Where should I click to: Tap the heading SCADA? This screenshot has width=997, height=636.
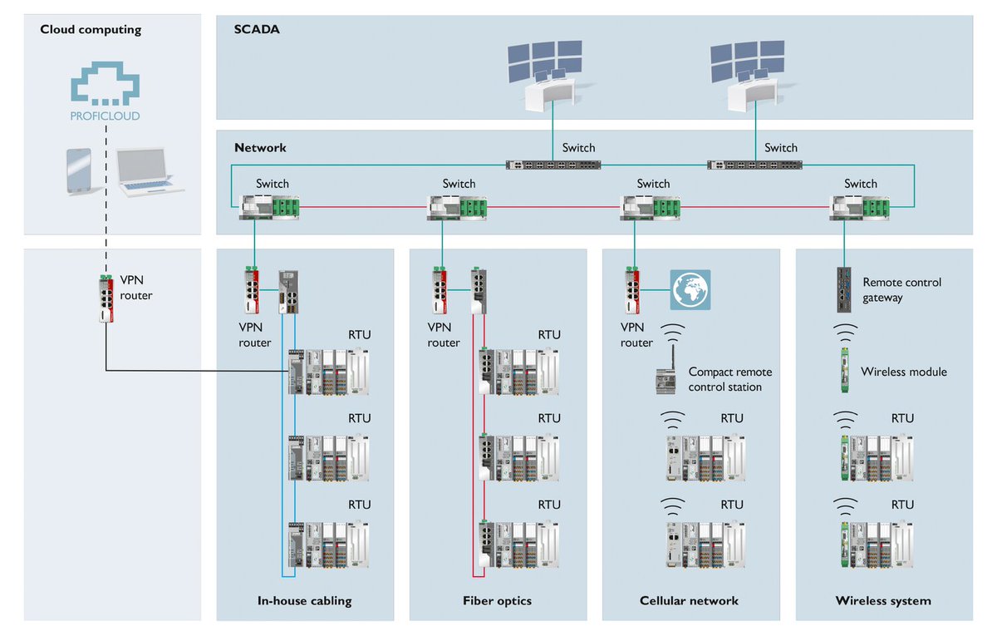coord(257,29)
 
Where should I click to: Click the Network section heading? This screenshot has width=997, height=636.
coord(260,148)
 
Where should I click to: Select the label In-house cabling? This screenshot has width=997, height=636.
coord(304,600)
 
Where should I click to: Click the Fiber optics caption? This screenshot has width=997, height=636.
coord(497,600)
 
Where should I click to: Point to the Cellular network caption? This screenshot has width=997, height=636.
coord(689,600)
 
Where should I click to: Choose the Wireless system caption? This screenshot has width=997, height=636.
coord(883,600)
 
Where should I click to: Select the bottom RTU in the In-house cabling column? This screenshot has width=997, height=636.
coord(329,544)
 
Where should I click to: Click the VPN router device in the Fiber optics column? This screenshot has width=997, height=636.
coord(440,283)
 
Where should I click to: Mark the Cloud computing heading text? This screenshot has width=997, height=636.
coord(91,30)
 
